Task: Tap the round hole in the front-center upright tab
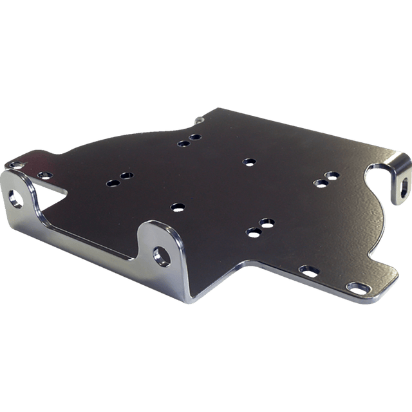tap(161, 255)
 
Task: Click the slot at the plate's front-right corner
tap(356, 286)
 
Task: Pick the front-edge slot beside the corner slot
tap(308, 270)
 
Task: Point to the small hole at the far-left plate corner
tap(14, 165)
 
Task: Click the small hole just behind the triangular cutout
tap(44, 175)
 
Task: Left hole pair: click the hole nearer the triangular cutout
tap(113, 183)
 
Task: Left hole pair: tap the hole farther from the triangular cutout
tap(125, 175)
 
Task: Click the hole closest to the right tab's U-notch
tap(332, 174)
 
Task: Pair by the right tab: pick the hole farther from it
tap(320, 183)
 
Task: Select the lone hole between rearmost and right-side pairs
tap(248, 161)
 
